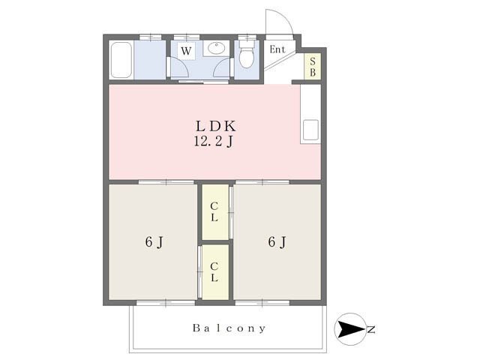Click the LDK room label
pyautogui.click(x=216, y=126)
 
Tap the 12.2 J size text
pyautogui.click(x=214, y=142)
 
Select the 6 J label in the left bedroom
pyautogui.click(x=154, y=242)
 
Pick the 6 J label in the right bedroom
pyautogui.click(x=277, y=241)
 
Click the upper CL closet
pyautogui.click(x=215, y=211)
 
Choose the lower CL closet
pyautogui.click(x=215, y=271)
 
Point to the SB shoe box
pyautogui.click(x=312, y=67)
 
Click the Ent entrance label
pyautogui.click(x=277, y=49)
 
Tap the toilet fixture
pyautogui.click(x=247, y=54)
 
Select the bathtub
pyautogui.click(x=121, y=60)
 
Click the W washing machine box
pyautogui.click(x=186, y=50)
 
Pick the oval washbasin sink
pyautogui.click(x=216, y=48)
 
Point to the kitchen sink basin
pyautogui.click(x=310, y=130)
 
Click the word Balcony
pyautogui.click(x=229, y=328)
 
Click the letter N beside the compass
pyautogui.click(x=371, y=330)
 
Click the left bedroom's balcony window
pyautogui.click(x=166, y=303)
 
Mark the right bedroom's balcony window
pyautogui.click(x=262, y=303)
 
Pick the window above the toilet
pyautogui.click(x=247, y=37)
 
